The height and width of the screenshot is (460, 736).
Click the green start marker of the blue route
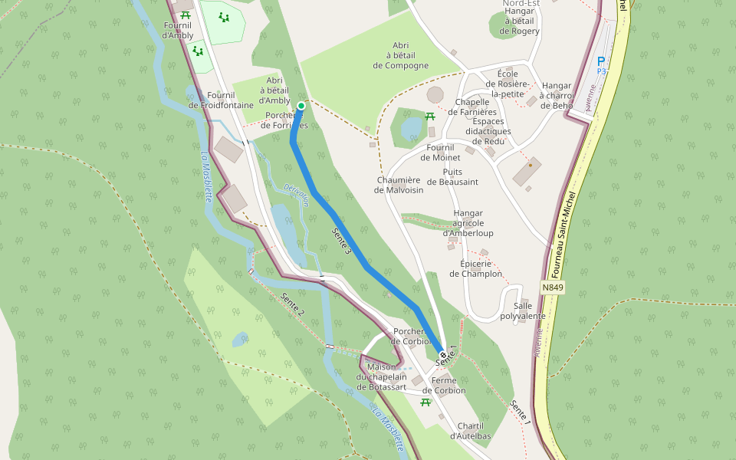[301, 106]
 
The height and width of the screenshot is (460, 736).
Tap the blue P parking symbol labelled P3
[601, 62]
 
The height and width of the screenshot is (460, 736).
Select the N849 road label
[552, 287]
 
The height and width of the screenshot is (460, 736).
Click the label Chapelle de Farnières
[476, 107]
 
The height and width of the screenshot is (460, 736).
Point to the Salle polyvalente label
[523, 310]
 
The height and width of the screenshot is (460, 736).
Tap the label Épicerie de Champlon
[476, 268]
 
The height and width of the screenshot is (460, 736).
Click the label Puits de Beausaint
[452, 177]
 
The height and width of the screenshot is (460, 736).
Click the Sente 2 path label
[293, 304]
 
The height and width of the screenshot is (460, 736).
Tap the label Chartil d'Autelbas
[471, 431]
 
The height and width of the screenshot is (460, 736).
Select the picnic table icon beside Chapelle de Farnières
[430, 117]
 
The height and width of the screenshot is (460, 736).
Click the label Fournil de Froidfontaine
[221, 100]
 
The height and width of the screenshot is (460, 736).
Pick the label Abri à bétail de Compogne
[401, 55]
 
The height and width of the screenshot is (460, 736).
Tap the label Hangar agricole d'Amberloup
[468, 223]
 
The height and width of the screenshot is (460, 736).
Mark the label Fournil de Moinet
[440, 153]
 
